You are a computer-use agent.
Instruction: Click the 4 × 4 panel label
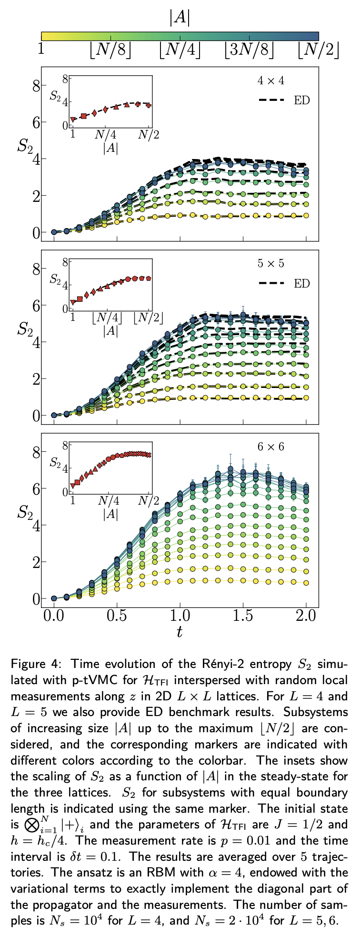pos(271,80)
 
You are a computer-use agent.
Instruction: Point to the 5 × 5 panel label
pos(271,263)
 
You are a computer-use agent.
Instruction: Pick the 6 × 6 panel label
pos(271,447)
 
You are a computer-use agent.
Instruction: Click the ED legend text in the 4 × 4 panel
pos(302,100)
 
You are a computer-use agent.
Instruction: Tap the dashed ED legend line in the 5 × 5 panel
pos(272,284)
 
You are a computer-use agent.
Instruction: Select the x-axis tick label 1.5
pos(243,616)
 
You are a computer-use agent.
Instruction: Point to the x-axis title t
pos(180,632)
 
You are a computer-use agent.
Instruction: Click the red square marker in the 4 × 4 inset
pos(84,116)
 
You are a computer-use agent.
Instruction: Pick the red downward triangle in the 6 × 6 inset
pos(73,486)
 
